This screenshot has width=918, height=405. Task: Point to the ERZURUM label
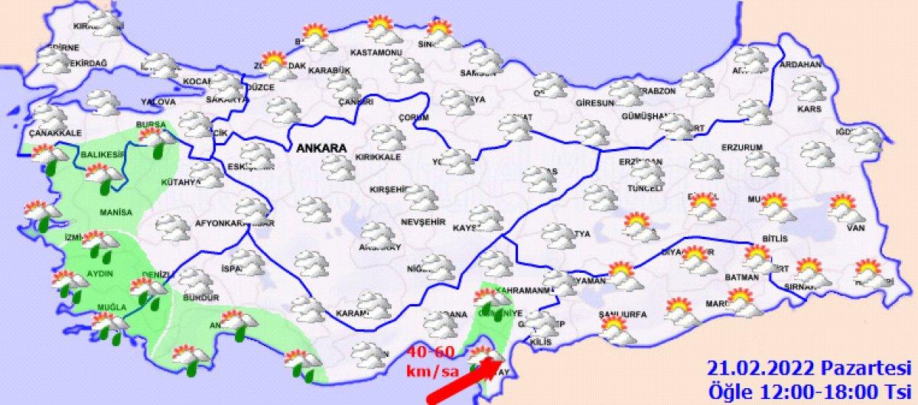[743, 147]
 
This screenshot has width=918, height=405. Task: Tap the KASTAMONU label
[376, 53]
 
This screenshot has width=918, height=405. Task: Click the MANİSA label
[116, 212]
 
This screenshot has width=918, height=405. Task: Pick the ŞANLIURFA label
[621, 314]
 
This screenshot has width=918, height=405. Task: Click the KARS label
[809, 109]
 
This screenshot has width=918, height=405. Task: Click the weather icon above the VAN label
[844, 206]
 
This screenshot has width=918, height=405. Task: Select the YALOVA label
[158, 102]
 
